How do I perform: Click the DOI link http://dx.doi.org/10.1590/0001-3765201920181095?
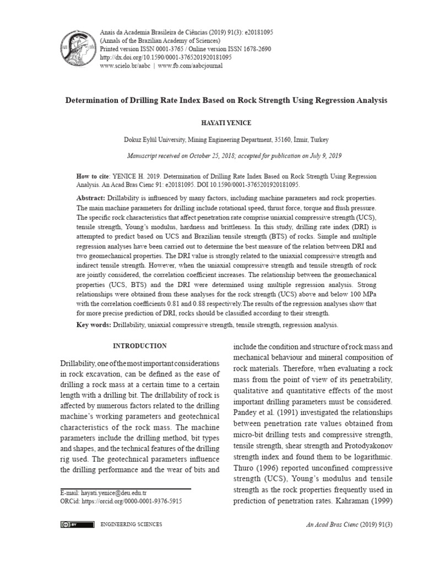pyautogui.click(x=165, y=57)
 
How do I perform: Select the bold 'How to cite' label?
pyautogui.click(x=93, y=177)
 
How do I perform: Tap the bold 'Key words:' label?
pyautogui.click(x=94, y=325)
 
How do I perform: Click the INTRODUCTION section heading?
pyautogui.click(x=139, y=346)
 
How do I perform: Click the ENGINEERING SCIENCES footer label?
pyautogui.click(x=126, y=525)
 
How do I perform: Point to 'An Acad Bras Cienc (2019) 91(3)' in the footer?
pyautogui.click(x=341, y=525)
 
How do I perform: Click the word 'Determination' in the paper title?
pyautogui.click(x=99, y=101)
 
